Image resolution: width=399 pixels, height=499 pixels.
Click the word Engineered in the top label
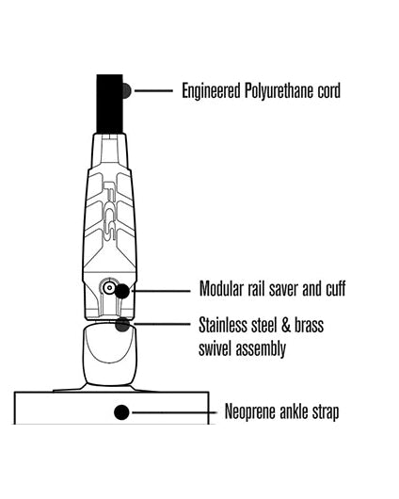point(211,91)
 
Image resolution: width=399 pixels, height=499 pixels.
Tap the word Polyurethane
point(279,90)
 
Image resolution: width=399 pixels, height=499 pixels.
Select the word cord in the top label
point(328,90)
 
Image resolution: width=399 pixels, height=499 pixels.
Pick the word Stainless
point(223,325)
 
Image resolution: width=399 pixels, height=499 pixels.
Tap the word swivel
point(214,348)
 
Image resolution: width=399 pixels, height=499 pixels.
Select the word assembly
point(259,349)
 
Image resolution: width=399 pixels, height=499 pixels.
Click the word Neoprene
point(250,411)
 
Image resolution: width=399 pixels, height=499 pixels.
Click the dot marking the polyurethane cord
point(126,91)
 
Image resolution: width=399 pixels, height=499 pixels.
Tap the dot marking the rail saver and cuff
point(121,291)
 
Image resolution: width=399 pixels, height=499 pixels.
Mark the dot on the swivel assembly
point(122,324)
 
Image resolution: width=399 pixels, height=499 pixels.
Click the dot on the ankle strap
point(121,412)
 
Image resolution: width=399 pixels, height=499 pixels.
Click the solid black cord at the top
point(110,105)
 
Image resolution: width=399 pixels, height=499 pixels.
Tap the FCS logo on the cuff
point(110,211)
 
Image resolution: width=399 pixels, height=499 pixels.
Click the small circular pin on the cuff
point(109,288)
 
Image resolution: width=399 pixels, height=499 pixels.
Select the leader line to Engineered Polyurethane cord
point(154,90)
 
